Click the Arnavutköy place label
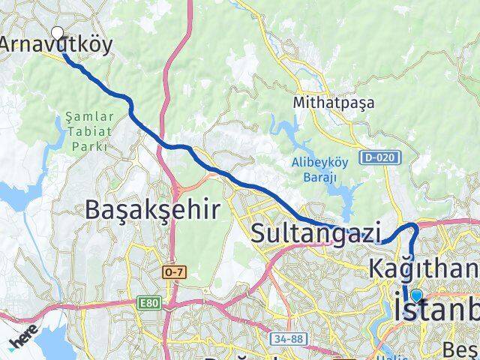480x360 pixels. pyautogui.click(x=57, y=43)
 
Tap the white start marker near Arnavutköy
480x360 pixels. pyautogui.click(x=58, y=32)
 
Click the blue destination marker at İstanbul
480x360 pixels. pyautogui.click(x=416, y=296)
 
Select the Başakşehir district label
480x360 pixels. pyautogui.click(x=152, y=209)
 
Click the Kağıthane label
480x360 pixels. pyautogui.click(x=424, y=267)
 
